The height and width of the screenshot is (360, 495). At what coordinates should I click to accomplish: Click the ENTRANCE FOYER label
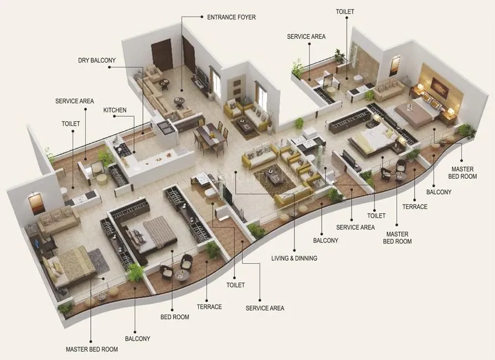pyautogui.click(x=231, y=17)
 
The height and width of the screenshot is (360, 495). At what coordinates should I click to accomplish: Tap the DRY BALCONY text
pyautogui.click(x=97, y=60)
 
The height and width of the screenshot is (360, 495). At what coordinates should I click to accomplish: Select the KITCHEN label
pyautogui.click(x=115, y=110)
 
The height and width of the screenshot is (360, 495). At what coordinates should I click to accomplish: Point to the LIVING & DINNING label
pyautogui.click(x=294, y=258)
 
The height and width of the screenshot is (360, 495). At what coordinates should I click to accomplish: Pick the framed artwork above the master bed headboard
pyautogui.click(x=440, y=88)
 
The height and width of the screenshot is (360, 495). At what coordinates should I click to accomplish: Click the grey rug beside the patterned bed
pyautogui.click(x=99, y=261)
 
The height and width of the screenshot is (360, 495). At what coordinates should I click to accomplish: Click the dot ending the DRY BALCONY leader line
pyautogui.click(x=110, y=68)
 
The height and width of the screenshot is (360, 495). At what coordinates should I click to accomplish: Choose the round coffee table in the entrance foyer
pyautogui.click(x=179, y=102)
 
